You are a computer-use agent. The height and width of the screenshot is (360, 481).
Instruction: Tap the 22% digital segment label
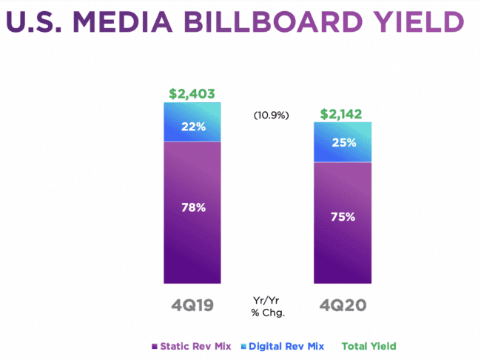[193, 126]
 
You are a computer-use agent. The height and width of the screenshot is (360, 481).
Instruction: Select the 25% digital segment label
[343, 142]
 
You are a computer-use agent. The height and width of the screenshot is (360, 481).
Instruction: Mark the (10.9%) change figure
[271, 116]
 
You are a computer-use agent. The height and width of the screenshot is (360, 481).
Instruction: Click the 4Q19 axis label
[192, 304]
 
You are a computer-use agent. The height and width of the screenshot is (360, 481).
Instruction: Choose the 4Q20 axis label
[342, 304]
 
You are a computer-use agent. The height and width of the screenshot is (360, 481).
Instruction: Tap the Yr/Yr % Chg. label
[269, 306]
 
